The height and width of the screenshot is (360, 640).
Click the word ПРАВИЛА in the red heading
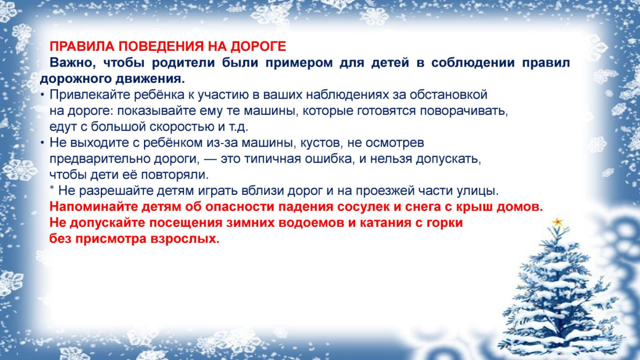pyautogui.click(x=82, y=46)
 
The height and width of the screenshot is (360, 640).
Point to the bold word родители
pyautogui.click(x=183, y=63)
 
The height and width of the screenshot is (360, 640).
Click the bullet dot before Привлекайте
pyautogui.click(x=42, y=95)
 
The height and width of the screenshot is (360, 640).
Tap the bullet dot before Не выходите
pyautogui.click(x=42, y=143)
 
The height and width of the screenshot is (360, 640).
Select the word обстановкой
pyautogui.click(x=449, y=94)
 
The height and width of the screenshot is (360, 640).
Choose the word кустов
pyautogui.click(x=322, y=143)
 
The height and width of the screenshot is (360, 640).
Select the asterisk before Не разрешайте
pyautogui.click(x=52, y=188)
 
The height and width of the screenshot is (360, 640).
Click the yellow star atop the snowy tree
pyautogui.click(x=557, y=222)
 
